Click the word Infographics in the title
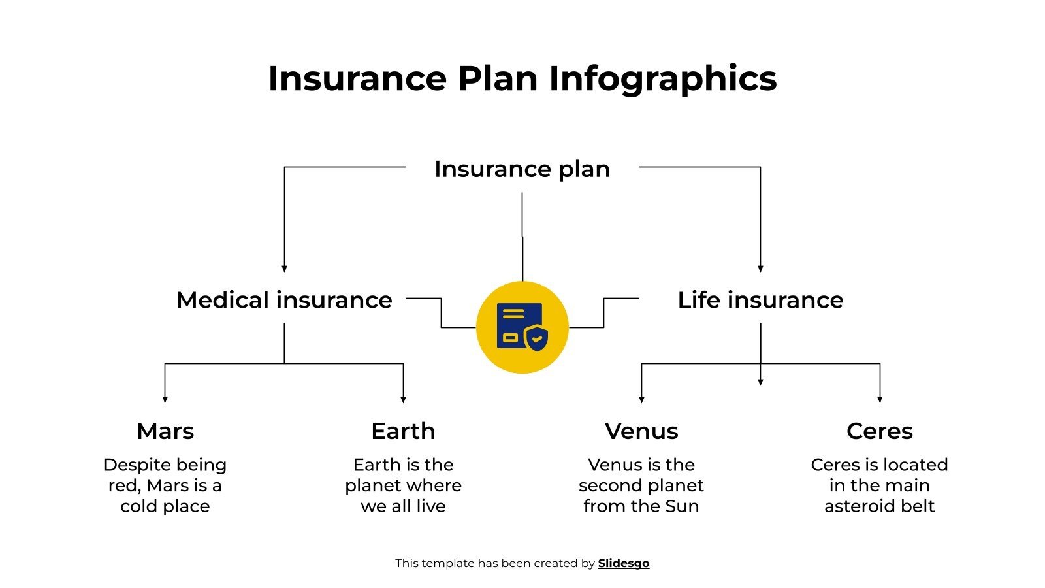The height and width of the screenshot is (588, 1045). click(662, 79)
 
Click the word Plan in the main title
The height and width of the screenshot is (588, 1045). click(497, 78)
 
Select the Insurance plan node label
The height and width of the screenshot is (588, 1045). click(522, 169)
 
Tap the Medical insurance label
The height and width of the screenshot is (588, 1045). click(284, 300)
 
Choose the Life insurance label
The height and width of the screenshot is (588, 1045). click(760, 300)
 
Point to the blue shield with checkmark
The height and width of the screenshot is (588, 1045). click(536, 337)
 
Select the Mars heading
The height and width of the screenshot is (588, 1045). click(165, 431)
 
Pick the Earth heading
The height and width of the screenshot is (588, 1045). click(403, 431)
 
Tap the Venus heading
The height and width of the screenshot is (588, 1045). click(641, 431)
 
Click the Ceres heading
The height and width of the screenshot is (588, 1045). click(879, 431)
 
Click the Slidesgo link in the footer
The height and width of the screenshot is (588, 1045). click(623, 563)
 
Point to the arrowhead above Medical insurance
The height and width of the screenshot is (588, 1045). click(284, 269)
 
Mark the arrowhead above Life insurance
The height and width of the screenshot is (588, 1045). click(760, 269)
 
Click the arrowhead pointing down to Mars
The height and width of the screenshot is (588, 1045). click(165, 399)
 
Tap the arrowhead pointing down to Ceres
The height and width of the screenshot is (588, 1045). click(880, 399)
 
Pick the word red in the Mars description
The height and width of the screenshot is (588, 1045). click(123, 486)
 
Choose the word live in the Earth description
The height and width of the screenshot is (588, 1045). click(431, 506)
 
